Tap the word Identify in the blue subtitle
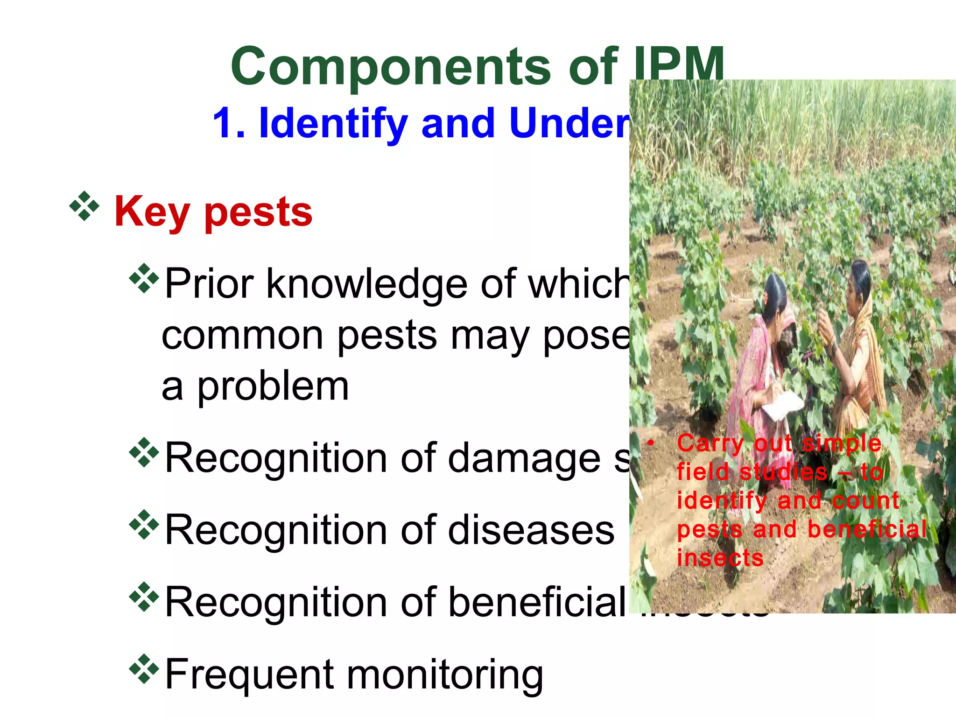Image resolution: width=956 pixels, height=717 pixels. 333,123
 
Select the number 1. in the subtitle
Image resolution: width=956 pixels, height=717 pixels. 229,123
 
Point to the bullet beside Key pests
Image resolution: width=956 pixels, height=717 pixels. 84,205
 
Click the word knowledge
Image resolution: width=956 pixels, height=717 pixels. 366,285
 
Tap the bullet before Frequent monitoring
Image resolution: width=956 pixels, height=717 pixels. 144,668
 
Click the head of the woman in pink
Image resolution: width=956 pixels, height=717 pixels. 775,292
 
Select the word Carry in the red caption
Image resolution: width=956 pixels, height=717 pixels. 710,443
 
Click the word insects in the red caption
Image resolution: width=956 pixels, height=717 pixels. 720,558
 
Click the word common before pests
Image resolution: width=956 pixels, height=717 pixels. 242,336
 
